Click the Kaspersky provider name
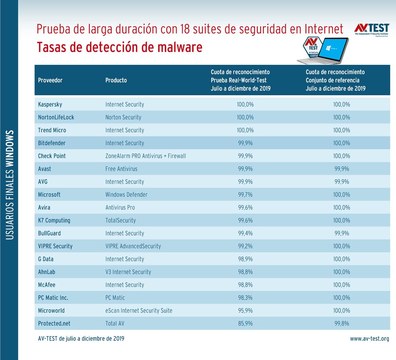click(x=50, y=105)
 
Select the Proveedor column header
click(x=50, y=80)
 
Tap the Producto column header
click(x=116, y=80)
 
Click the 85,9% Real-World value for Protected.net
click(x=245, y=323)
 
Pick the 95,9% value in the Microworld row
click(x=245, y=311)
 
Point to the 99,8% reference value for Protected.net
click(x=342, y=323)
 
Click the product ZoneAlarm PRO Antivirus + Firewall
click(x=145, y=156)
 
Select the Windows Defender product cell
click(x=126, y=195)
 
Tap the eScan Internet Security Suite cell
click(x=139, y=311)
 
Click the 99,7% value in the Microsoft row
click(x=245, y=195)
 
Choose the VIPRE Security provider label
click(x=55, y=246)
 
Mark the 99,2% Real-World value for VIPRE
click(x=245, y=246)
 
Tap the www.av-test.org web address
click(x=370, y=339)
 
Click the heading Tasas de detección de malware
click(x=120, y=47)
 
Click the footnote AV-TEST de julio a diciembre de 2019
click(x=81, y=339)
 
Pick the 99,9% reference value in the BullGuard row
click(x=342, y=234)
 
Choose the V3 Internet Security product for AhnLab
click(x=128, y=272)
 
